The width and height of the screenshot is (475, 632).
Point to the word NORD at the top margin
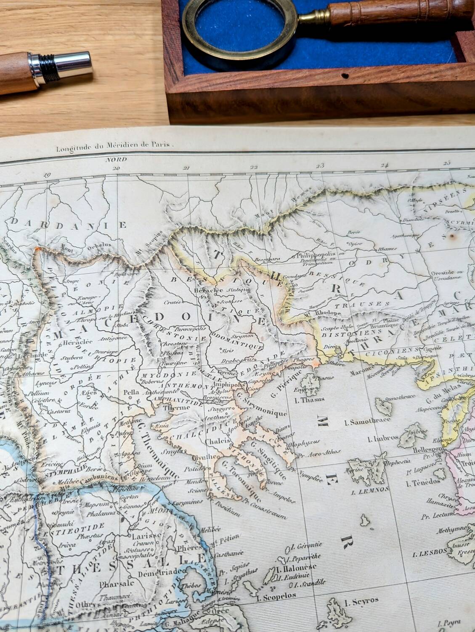[x=113, y=160]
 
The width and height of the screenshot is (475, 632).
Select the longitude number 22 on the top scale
[x=253, y=167]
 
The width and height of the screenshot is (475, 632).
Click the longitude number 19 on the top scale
[x=48, y=175]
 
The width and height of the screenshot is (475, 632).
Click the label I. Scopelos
[x=276, y=596]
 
